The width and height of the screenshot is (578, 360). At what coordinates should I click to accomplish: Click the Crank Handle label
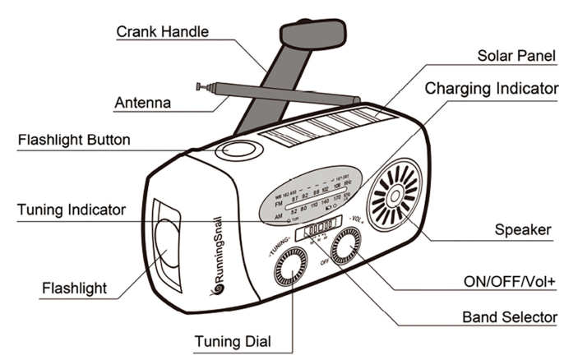coord(161,32)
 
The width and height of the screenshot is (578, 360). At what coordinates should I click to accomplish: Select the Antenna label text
coord(143,104)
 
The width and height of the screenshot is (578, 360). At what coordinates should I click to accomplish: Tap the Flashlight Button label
coord(74,139)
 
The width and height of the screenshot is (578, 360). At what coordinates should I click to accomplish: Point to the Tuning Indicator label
coord(72,210)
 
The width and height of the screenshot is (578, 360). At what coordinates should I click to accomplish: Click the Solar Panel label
coord(517,56)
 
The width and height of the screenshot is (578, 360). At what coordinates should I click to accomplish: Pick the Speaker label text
coord(524,229)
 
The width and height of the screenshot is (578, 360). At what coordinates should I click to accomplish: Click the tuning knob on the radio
coord(293,270)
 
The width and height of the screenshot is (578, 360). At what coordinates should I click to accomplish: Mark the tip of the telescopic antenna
coord(200,85)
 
